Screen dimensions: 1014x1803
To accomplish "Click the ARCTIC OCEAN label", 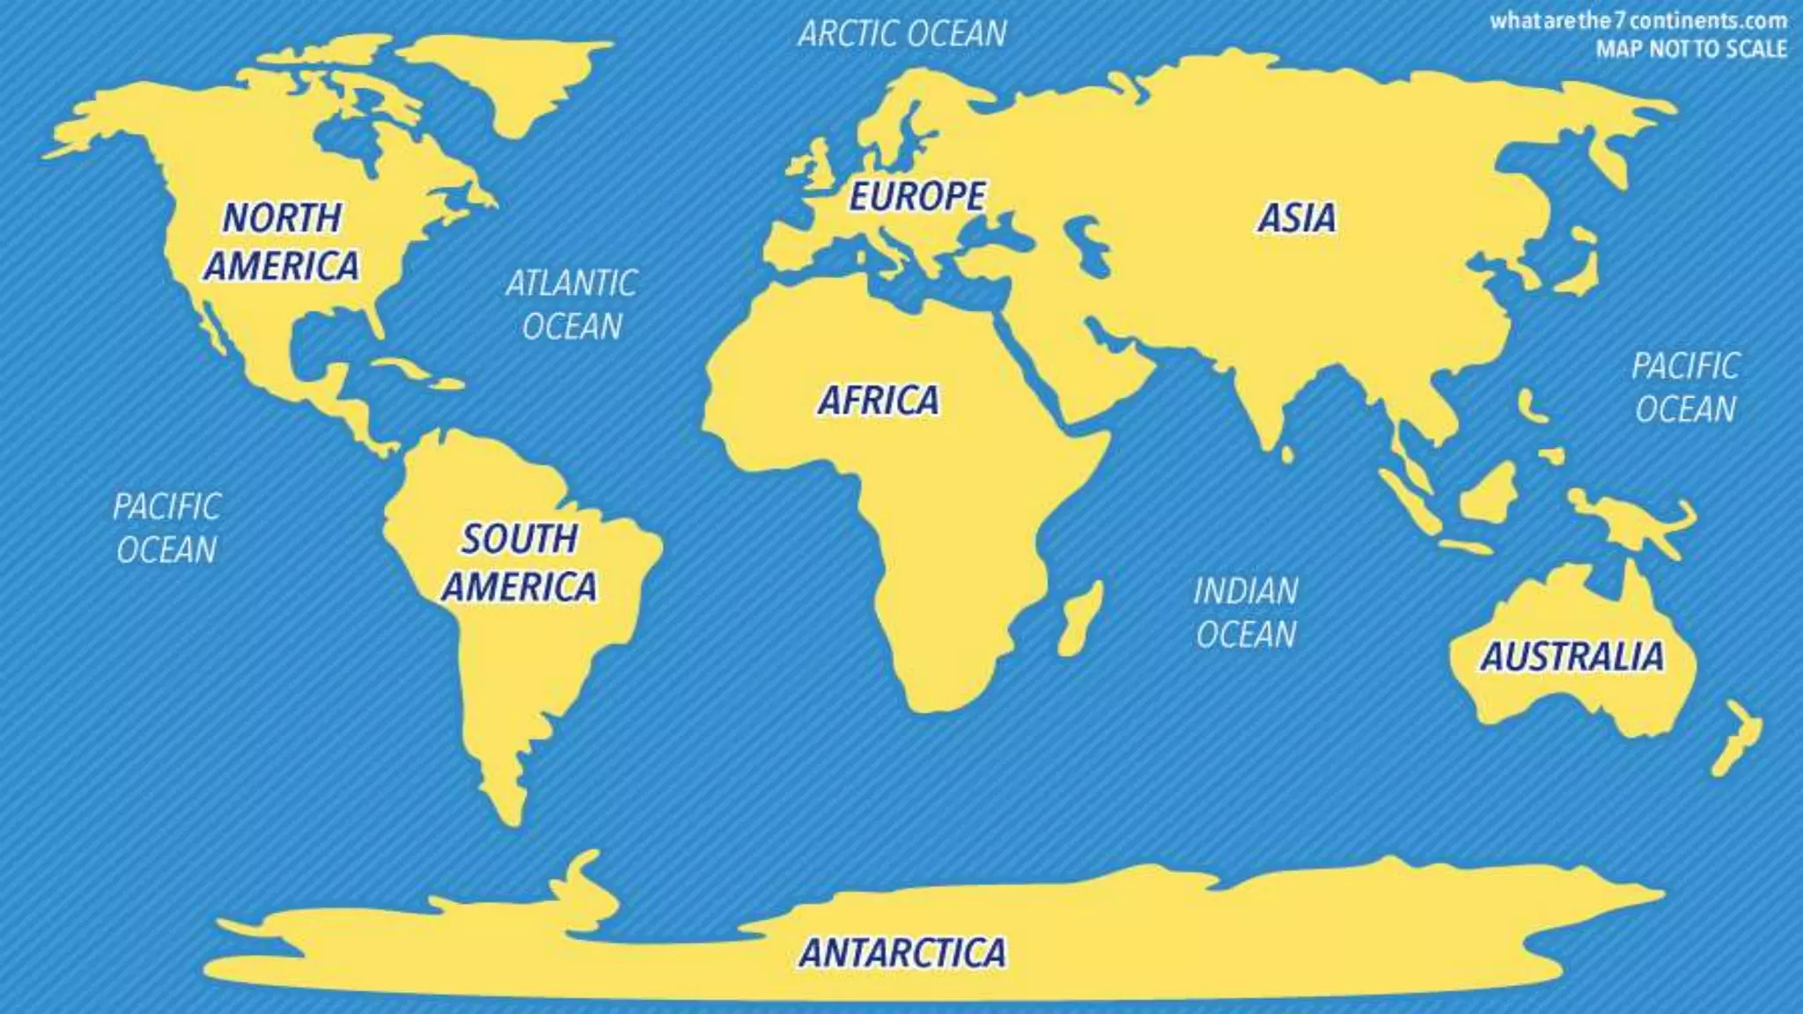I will [902, 33].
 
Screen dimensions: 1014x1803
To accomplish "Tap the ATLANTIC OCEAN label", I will [571, 305].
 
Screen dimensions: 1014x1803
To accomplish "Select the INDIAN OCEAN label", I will [1246, 613].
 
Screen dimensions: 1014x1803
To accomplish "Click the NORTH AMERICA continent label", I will [282, 241].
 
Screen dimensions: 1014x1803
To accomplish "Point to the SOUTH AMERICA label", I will [519, 562].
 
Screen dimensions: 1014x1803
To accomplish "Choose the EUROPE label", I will [916, 195].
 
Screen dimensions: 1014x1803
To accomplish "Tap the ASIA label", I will [1297, 217].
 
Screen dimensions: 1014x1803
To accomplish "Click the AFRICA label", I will [879, 400].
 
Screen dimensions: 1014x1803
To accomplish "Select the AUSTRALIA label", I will [1572, 657].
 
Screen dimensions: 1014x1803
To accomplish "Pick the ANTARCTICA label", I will [902, 952].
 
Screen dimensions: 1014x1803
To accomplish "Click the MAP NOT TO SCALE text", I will [1691, 48].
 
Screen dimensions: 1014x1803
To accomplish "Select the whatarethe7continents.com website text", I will [1638, 21].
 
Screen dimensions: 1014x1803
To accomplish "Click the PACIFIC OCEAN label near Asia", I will [1685, 387].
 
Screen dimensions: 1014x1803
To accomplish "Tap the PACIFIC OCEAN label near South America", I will [166, 528].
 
